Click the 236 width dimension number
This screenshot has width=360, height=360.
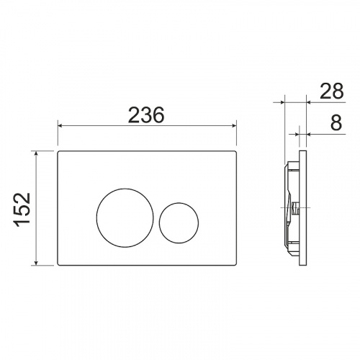[146, 115]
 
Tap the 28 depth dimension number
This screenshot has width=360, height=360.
[332, 91]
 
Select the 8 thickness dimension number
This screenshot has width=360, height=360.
[336, 122]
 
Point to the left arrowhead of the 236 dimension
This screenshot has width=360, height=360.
[60, 125]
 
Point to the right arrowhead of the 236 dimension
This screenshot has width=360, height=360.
[234, 125]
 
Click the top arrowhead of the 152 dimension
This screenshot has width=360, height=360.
[36, 153]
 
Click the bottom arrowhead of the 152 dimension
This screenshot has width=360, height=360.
[36, 263]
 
